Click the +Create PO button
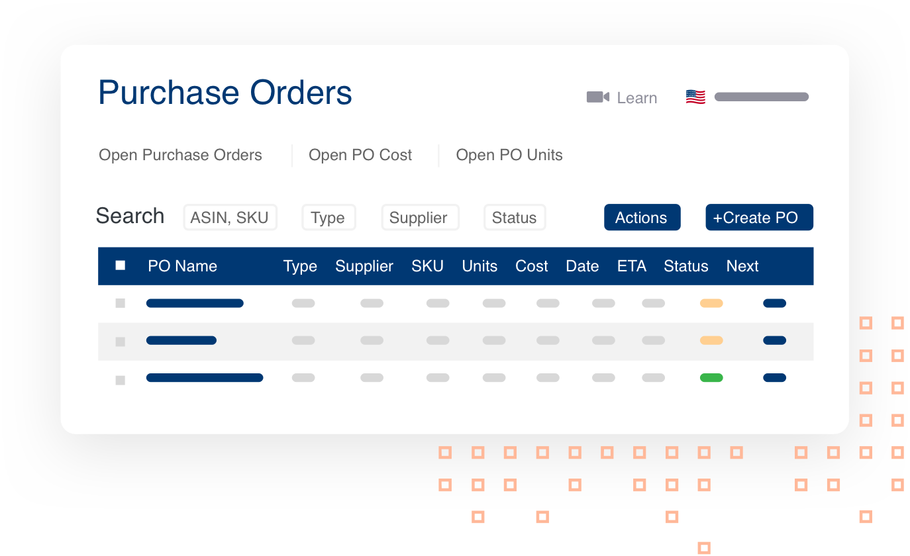[x=759, y=218]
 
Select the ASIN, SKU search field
[x=230, y=218]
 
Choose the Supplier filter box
[x=420, y=218]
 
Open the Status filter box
[x=515, y=218]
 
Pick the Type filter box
[x=329, y=218]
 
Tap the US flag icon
[x=695, y=97]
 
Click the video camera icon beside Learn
[x=597, y=97]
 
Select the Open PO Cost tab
[x=360, y=155]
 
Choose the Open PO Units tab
[x=509, y=155]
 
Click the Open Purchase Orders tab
[x=180, y=155]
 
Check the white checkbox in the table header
[x=121, y=265]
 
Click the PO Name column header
[x=182, y=266]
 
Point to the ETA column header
[x=631, y=266]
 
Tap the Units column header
[x=480, y=266]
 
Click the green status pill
[x=711, y=378]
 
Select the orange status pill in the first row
[x=711, y=303]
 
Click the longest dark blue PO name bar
[x=205, y=378]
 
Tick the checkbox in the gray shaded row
[x=121, y=342]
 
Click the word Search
[x=130, y=216]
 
